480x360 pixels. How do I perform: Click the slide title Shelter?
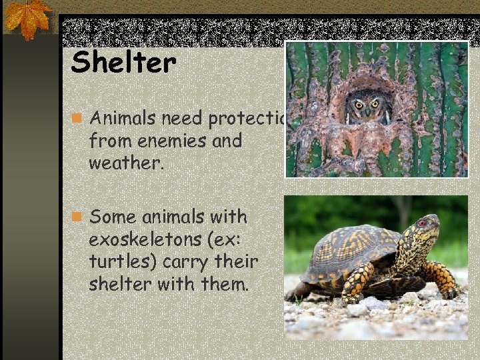pyautogui.click(x=123, y=63)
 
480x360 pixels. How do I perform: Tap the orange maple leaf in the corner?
pyautogui.click(x=27, y=18)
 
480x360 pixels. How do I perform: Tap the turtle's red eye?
pyautogui.click(x=421, y=223)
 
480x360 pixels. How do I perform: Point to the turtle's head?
pyautogui.click(x=421, y=229)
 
